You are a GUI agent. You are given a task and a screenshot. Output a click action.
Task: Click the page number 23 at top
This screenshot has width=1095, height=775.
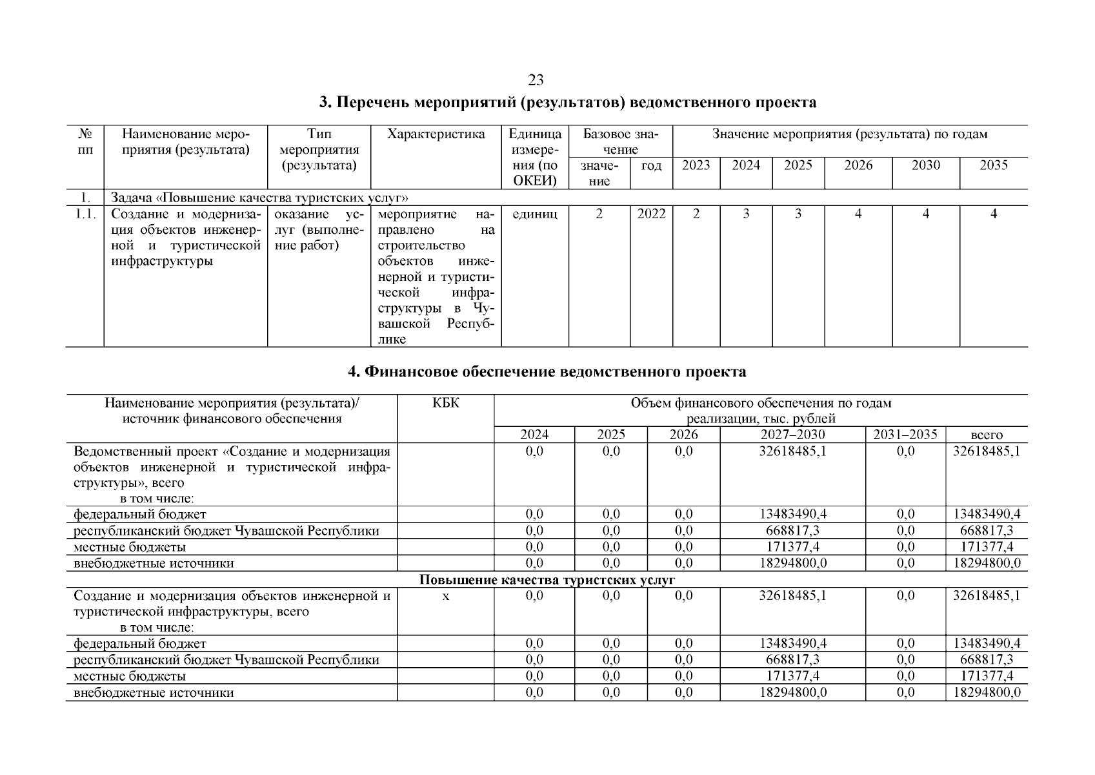pyautogui.click(x=535, y=80)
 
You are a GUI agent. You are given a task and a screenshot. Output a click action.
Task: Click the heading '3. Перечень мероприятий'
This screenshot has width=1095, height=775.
pyautogui.click(x=567, y=103)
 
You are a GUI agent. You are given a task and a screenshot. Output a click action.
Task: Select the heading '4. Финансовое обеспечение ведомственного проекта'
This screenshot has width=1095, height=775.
pyautogui.click(x=547, y=371)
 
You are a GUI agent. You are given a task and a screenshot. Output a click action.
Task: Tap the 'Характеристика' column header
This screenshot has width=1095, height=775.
pyautogui.click(x=436, y=134)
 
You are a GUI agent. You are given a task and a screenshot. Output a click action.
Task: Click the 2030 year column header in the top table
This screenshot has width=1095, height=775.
pyautogui.click(x=925, y=165)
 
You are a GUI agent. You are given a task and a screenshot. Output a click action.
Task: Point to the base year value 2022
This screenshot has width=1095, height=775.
pyautogui.click(x=650, y=214)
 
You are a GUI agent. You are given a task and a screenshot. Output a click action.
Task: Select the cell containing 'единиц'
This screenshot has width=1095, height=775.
pyautogui.click(x=534, y=214)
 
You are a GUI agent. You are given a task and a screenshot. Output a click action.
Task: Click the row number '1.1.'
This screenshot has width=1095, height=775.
pyautogui.click(x=85, y=214)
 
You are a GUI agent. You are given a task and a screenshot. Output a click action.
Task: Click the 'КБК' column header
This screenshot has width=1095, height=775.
pyautogui.click(x=445, y=403)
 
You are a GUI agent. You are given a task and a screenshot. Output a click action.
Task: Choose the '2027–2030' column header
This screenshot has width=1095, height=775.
pyautogui.click(x=792, y=435)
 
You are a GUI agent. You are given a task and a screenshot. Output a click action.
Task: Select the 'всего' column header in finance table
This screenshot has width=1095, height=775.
pyautogui.click(x=986, y=435)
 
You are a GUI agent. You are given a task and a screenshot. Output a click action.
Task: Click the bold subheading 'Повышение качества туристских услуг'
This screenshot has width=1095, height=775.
pyautogui.click(x=547, y=580)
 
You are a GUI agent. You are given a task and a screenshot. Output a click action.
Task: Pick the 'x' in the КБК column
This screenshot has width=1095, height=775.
pyautogui.click(x=445, y=596)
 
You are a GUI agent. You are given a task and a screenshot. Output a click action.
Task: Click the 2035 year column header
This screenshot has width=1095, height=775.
pyautogui.click(x=993, y=165)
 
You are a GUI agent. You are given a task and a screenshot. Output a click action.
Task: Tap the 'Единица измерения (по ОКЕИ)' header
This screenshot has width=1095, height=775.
pyautogui.click(x=534, y=158)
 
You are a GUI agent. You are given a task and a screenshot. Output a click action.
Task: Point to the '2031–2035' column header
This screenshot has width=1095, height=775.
pyautogui.click(x=905, y=435)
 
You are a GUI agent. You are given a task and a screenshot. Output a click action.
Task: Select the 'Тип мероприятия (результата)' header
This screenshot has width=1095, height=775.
pyautogui.click(x=319, y=150)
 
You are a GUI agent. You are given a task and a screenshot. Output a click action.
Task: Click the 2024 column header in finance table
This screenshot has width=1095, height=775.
pyautogui.click(x=534, y=435)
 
